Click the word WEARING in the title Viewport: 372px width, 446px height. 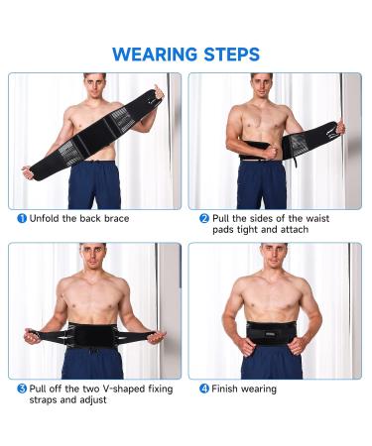tap(154, 54)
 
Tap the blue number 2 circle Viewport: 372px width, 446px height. tap(203, 218)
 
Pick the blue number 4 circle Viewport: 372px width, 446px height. tap(203, 389)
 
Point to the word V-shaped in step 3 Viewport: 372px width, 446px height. tap(115, 389)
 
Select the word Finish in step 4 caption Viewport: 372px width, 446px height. tap(227, 389)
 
